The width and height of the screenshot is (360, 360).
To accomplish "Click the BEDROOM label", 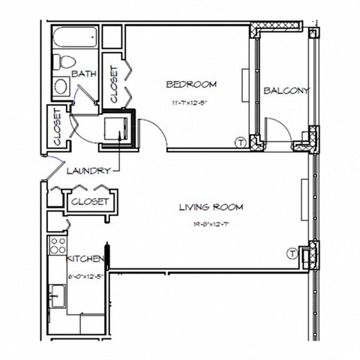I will coord(192,83).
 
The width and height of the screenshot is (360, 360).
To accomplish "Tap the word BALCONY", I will coord(286,91).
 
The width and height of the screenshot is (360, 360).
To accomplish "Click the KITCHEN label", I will coord(82,259).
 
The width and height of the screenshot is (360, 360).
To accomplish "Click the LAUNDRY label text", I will coord(88,170).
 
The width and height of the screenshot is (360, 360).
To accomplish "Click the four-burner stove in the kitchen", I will coord(56,246).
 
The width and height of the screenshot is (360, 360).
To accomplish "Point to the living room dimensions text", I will coord(211,224).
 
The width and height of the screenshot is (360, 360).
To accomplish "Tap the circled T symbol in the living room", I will coord(292,254).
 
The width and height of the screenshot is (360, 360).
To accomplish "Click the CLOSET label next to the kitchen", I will coord(90,202).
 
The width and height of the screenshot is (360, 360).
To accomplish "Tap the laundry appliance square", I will coord(118,127).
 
